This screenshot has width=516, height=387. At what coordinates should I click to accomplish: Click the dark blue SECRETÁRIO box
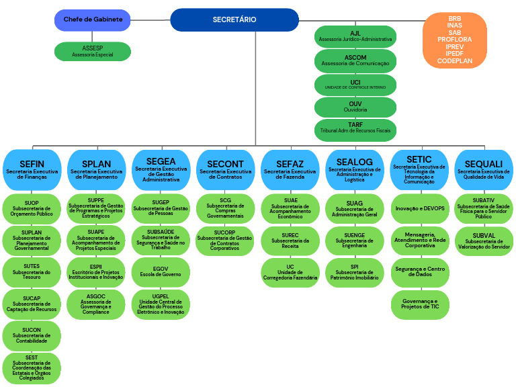coord(234,19)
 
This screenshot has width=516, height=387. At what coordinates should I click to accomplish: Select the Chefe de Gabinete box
coord(93,19)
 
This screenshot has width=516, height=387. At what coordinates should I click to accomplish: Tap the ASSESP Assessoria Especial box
coord(93,51)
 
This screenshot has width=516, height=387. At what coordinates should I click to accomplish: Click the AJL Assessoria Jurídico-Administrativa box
coord(355,36)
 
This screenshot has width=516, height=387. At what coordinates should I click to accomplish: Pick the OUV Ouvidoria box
coord(355,107)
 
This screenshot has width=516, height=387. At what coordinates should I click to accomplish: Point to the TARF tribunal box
coord(355,129)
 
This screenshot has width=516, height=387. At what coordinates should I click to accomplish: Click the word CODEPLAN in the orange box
coord(454,60)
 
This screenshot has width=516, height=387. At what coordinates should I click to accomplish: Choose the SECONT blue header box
coord(225,169)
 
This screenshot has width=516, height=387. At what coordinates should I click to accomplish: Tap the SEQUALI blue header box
coord(483,169)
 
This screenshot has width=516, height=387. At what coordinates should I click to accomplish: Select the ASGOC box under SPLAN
coord(95,304)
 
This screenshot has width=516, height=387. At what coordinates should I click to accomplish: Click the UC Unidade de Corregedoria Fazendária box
coord(290,272)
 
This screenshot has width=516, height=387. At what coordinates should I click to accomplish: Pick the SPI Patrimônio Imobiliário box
coord(354,272)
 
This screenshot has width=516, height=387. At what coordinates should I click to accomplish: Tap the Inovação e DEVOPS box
coord(420,208)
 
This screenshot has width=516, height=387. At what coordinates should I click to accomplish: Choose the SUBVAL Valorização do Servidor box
coord(483,241)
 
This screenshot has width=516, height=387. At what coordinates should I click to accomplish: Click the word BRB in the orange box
coord(454,17)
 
